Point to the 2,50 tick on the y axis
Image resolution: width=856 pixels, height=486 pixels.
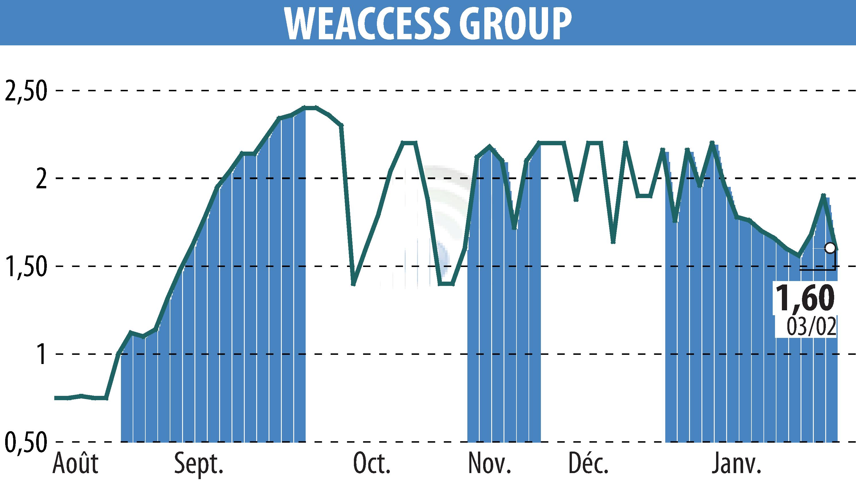pyautogui.click(x=25, y=91)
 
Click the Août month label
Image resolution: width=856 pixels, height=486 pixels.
pyautogui.click(x=76, y=464)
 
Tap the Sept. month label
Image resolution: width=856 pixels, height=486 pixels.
pyautogui.click(x=199, y=464)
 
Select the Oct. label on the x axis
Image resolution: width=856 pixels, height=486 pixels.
pyautogui.click(x=372, y=464)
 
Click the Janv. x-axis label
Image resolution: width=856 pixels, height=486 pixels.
pyautogui.click(x=737, y=464)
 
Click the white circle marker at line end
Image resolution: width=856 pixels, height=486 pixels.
pyautogui.click(x=830, y=248)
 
